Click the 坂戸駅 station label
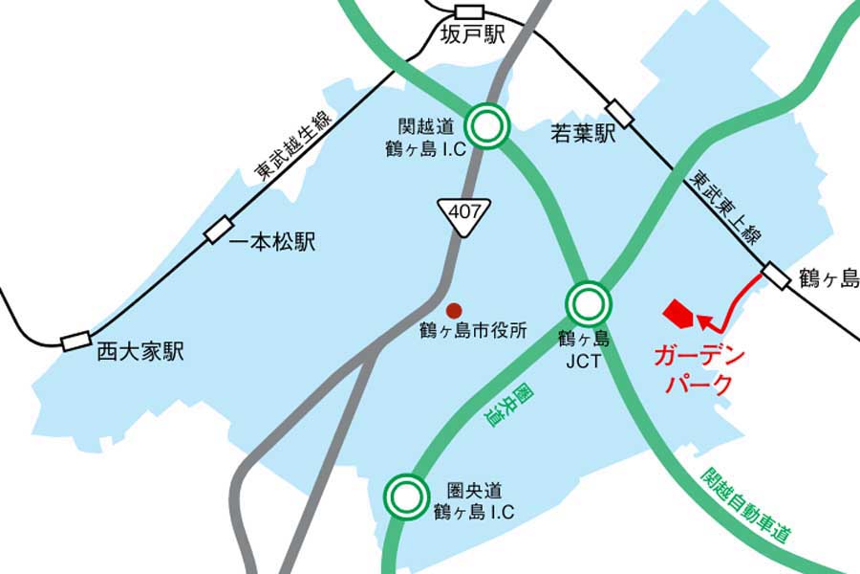click(473, 36)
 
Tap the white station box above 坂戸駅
click(471, 11)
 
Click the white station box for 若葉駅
click(620, 114)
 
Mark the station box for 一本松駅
click(218, 230)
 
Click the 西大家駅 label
click(140, 352)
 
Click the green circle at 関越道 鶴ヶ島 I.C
click(487, 125)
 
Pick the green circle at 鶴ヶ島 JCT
click(587, 304)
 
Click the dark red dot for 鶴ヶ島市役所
click(455, 310)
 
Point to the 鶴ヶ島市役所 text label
click(473, 332)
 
